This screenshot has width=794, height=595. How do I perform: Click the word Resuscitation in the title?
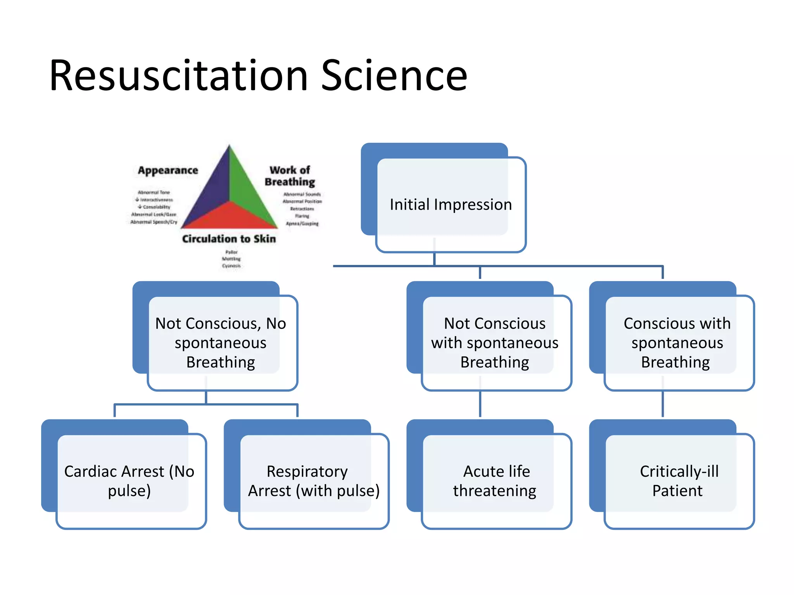pos(178,76)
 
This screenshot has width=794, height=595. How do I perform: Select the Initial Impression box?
pos(451,205)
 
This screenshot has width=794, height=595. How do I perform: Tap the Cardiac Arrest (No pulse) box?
pos(129,481)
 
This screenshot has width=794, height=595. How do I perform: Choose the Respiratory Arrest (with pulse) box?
pos(313,481)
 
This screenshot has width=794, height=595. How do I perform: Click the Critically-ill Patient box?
pos(678,481)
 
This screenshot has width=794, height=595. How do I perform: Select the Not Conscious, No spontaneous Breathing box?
pos(221,342)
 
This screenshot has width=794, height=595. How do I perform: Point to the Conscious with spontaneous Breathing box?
pos(677,342)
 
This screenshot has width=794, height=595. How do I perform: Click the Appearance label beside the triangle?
pos(168,170)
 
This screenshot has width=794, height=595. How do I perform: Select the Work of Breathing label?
pos(290,176)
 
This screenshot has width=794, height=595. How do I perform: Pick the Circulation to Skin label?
pos(229,239)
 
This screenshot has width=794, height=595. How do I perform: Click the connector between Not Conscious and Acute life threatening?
pos(480,404)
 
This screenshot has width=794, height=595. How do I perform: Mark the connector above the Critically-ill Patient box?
pos(663,404)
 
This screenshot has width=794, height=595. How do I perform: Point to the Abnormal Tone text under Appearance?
pos(154,192)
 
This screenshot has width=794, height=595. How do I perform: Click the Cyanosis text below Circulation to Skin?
pos(231,266)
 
